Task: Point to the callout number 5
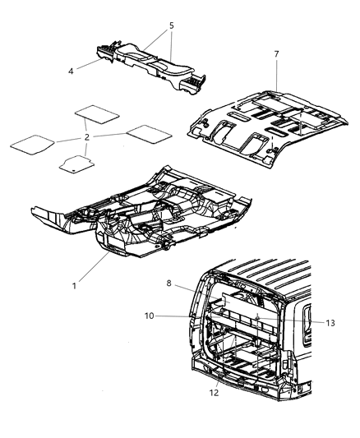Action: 171,25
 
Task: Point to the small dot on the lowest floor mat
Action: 74,168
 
